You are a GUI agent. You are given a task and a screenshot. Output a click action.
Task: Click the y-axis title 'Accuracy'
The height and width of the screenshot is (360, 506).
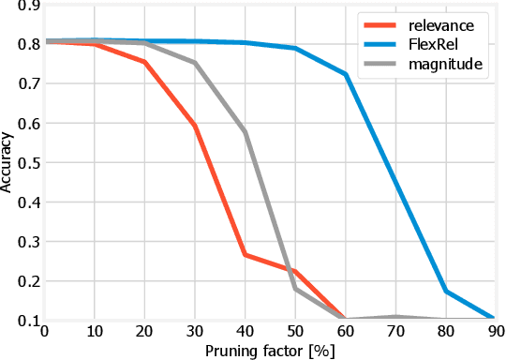[8, 161]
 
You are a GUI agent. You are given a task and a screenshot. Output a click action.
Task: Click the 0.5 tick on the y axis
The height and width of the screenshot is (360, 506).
[21, 162]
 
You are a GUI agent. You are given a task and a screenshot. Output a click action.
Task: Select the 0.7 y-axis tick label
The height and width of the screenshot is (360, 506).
[21, 83]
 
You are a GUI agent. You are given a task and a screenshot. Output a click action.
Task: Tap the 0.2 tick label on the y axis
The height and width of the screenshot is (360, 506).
[21, 280]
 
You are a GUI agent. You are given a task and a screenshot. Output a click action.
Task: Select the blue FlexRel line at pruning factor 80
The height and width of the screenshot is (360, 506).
[446, 292]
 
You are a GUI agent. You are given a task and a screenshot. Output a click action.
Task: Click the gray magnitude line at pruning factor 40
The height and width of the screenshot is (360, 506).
[246, 132]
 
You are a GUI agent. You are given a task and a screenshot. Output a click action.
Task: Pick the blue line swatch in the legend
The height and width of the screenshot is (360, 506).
[381, 44]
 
